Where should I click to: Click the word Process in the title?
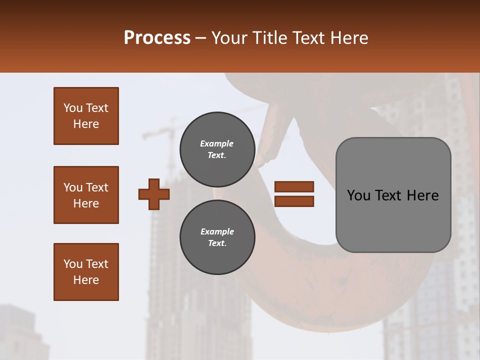[157, 37]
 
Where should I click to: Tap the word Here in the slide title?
[348, 37]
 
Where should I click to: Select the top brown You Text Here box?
[86, 116]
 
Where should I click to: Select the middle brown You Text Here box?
[86, 195]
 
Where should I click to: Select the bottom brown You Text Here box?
[86, 272]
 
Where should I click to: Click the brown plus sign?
[154, 194]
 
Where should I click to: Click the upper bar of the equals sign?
[294, 187]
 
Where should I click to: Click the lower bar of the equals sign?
[294, 201]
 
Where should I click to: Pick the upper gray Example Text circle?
[217, 149]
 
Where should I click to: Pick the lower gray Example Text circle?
[217, 237]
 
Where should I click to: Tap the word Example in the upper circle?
[217, 143]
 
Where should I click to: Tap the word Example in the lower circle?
[217, 231]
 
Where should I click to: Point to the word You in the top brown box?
[72, 108]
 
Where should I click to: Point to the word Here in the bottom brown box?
[86, 280]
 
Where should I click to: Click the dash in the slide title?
[200, 38]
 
